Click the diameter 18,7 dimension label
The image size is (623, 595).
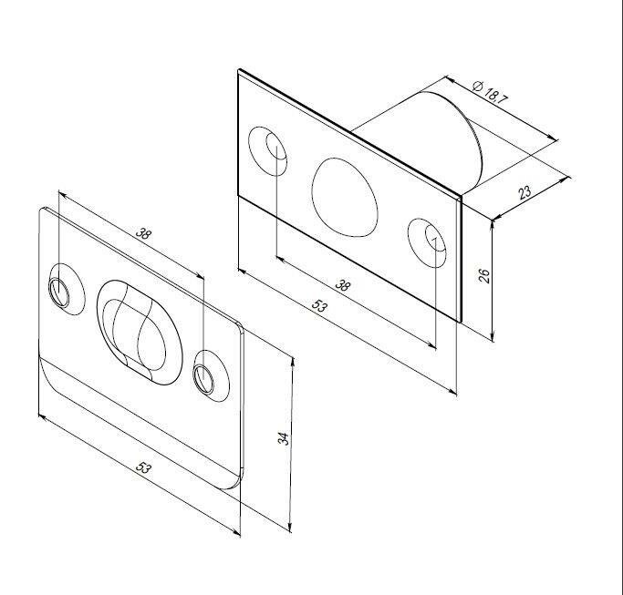tap(491, 92)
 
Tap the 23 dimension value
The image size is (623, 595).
tap(524, 192)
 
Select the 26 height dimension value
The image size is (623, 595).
tap(484, 275)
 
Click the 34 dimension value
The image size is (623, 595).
tap(284, 438)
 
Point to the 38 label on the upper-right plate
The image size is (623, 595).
tap(342, 284)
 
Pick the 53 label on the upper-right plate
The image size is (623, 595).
tap(320, 305)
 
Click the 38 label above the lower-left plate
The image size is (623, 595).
tap(143, 233)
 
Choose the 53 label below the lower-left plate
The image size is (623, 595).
tap(143, 467)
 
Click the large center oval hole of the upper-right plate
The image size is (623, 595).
tap(345, 198)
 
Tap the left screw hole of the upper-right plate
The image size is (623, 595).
tap(268, 151)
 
